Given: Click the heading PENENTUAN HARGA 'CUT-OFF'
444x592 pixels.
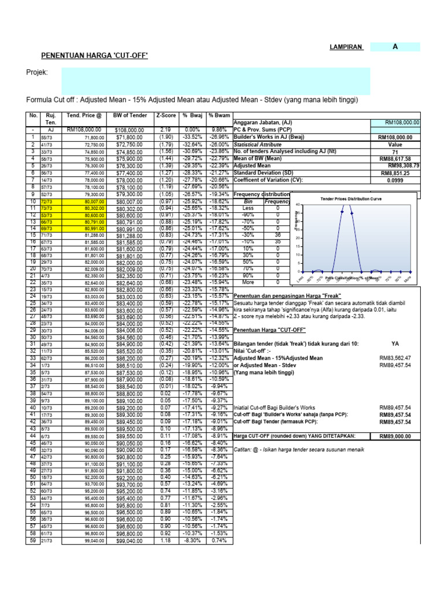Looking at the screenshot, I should coord(94,55).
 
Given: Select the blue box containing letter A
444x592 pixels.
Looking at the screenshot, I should coord(395,47).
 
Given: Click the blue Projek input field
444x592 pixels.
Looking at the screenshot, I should coord(214,80).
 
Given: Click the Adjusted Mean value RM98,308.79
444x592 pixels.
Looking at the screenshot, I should coord(402,165).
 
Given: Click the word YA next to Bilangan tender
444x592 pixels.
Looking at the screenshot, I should coord(395,343).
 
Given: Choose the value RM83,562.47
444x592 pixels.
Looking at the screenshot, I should coord(395,358).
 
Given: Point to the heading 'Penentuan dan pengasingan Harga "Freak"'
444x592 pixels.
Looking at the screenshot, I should coord(287,295).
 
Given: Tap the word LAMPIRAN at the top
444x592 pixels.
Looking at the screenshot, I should coord(346,48).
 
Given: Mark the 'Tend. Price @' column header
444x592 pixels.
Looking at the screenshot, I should coord(84,115).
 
